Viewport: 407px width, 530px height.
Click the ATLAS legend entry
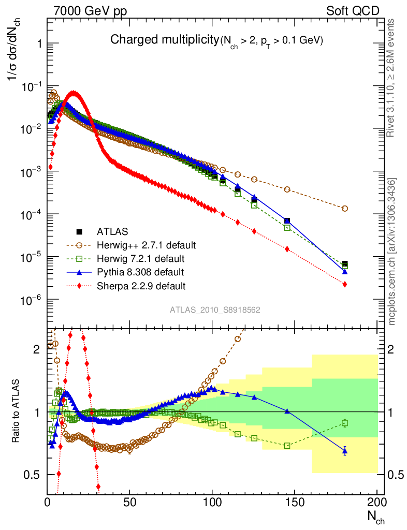click(x=112, y=231)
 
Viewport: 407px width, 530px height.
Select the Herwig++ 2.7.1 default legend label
click(x=147, y=244)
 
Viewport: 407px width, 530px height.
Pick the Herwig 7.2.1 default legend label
click(x=141, y=258)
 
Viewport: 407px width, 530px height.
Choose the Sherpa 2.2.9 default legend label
click(x=141, y=285)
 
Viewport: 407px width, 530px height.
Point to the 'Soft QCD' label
click(x=352, y=11)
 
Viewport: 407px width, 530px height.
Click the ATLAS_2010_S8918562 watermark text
click(x=215, y=310)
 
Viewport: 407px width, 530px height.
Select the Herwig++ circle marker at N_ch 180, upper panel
click(x=345, y=209)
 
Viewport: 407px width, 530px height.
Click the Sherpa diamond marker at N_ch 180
click(x=345, y=284)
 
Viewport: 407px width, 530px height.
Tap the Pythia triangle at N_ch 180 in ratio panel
click(x=345, y=451)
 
